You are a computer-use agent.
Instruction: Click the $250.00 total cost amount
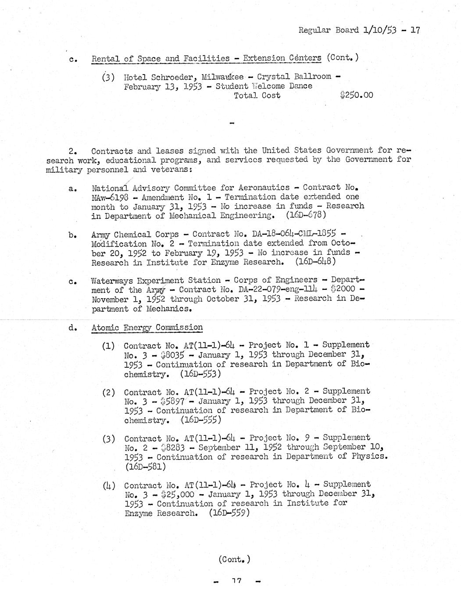(x=356, y=95)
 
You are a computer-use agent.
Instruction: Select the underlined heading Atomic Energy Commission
(x=147, y=327)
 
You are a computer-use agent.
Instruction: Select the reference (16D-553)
(x=200, y=374)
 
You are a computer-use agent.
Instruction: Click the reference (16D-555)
(x=201, y=420)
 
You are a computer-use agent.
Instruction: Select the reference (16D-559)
(x=229, y=512)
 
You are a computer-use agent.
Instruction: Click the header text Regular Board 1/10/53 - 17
(x=359, y=30)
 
